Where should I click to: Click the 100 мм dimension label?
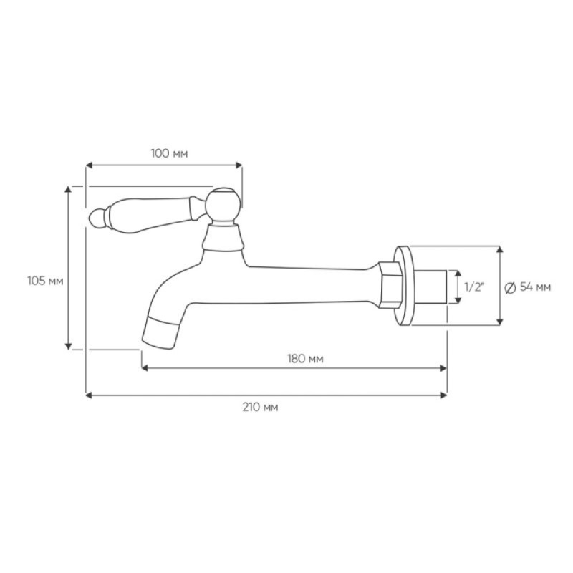pos(169,153)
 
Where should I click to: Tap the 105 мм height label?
pos(45,281)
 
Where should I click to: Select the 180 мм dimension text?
pos(306,359)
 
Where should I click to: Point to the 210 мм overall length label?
pos(260,407)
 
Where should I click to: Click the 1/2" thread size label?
pos(474,287)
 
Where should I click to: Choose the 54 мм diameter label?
pos(535,287)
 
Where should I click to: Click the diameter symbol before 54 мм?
pos(510,288)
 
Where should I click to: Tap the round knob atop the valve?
pos(223,204)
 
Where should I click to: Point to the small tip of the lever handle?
pos(97,218)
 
